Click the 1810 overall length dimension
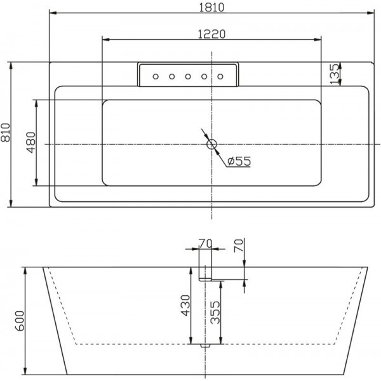(211, 8)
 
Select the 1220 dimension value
(211, 34)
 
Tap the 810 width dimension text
(6, 133)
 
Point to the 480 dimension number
(31, 143)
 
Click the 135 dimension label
(335, 74)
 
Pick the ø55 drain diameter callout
(239, 161)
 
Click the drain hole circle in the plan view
(211, 145)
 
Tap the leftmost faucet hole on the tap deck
(156, 77)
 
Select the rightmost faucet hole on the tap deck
(220, 77)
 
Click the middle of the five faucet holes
(188, 77)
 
